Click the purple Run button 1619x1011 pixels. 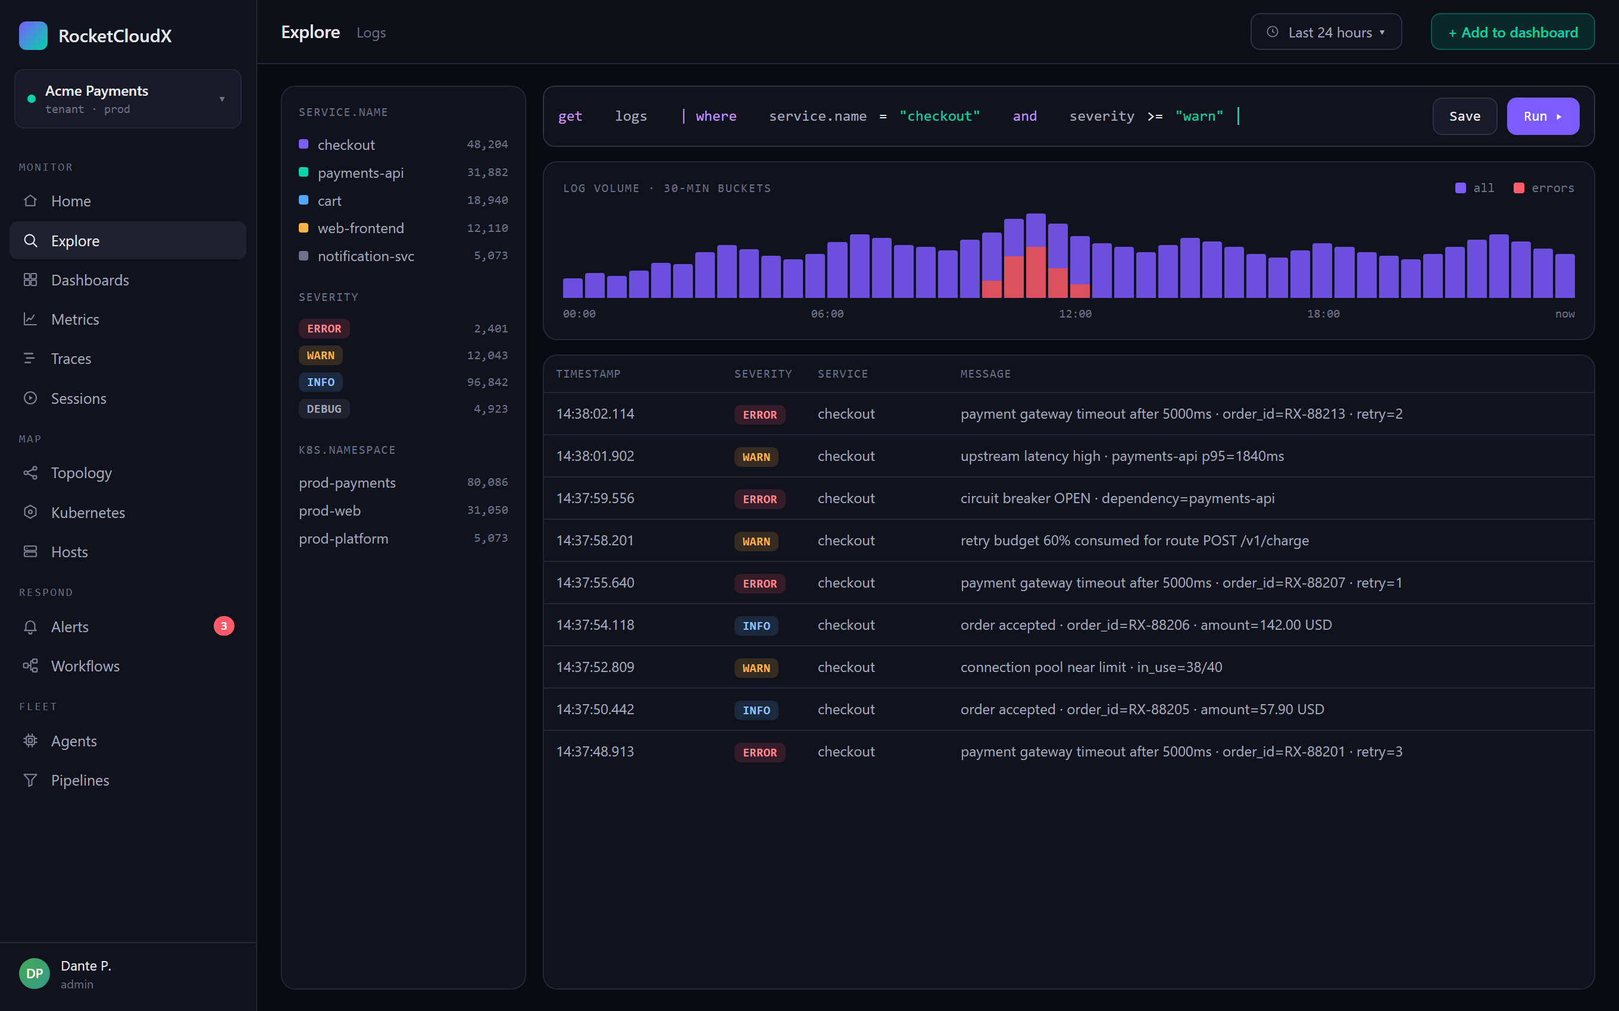[1542, 117]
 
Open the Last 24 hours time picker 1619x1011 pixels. [1326, 32]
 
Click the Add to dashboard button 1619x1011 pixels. [1512, 32]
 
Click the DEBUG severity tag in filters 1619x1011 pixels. [324, 409]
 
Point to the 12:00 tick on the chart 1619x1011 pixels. [1075, 313]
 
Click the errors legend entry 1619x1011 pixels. [1544, 188]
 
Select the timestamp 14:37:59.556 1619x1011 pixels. [595, 498]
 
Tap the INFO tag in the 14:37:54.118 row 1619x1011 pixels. [756, 625]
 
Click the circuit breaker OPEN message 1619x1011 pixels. [1117, 498]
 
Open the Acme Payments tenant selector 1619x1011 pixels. [128, 99]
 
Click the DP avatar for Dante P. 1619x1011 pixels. [35, 974]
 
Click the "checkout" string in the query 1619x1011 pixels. [939, 117]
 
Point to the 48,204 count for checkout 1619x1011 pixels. [487, 145]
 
